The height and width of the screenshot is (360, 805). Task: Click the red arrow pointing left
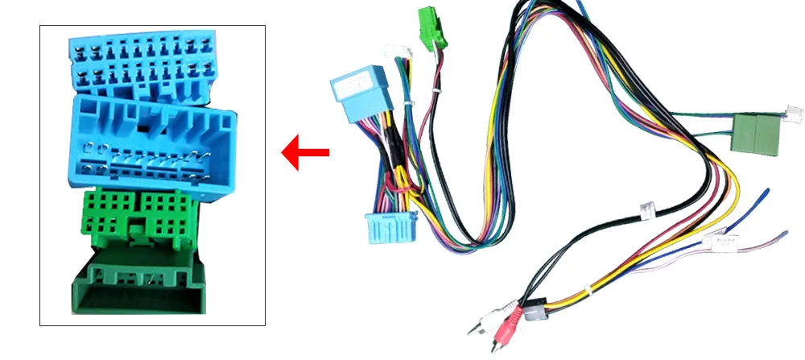[x=306, y=151]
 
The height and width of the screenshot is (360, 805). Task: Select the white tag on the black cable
[x=646, y=211]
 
